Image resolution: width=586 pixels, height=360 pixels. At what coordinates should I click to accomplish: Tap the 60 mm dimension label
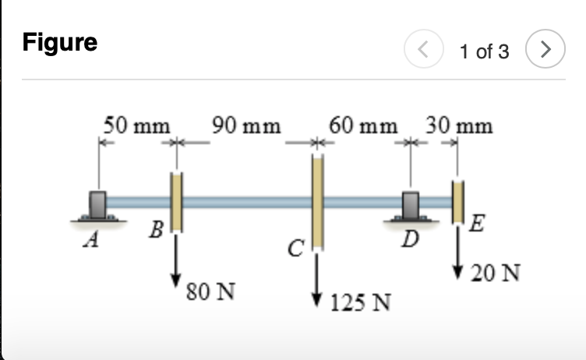pos(362,125)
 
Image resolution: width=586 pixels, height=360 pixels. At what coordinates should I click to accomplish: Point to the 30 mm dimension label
pos(459,125)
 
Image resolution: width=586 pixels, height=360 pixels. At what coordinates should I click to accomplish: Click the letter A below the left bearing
pos(93,241)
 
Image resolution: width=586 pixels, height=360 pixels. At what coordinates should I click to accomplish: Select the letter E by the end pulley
pos(478,226)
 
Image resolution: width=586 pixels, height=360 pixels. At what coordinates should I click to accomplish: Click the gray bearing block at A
pos(98,204)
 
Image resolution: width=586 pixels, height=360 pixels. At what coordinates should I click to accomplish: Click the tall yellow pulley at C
pos(317,202)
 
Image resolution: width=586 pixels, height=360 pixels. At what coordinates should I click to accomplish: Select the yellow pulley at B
pos(177,202)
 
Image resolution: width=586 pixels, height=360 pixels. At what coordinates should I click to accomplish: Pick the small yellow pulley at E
pos(458,200)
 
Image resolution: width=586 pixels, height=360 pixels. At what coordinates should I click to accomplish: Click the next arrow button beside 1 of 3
pos(546,51)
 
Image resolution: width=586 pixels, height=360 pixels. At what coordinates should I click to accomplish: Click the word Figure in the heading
pos(60,42)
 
